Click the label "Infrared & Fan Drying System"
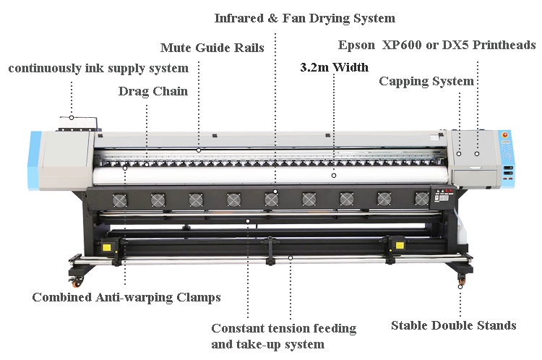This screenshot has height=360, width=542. pos(304,17)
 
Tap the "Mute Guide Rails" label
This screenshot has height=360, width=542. pos(212,48)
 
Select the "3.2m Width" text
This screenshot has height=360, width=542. pos(334,68)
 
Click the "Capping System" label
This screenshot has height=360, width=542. pos(426,81)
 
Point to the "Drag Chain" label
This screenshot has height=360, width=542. pos(152,92)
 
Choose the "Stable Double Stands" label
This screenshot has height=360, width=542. pos(453,325)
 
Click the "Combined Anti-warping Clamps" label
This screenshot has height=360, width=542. pos(126,297)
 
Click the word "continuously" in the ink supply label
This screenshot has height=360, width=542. pos(43,69)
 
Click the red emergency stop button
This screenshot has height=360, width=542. pos(506,134)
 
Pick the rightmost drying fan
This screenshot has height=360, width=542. pos(421,198)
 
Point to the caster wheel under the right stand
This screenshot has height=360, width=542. pos(461,275)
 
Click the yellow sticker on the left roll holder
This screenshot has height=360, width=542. pos(107,247)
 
